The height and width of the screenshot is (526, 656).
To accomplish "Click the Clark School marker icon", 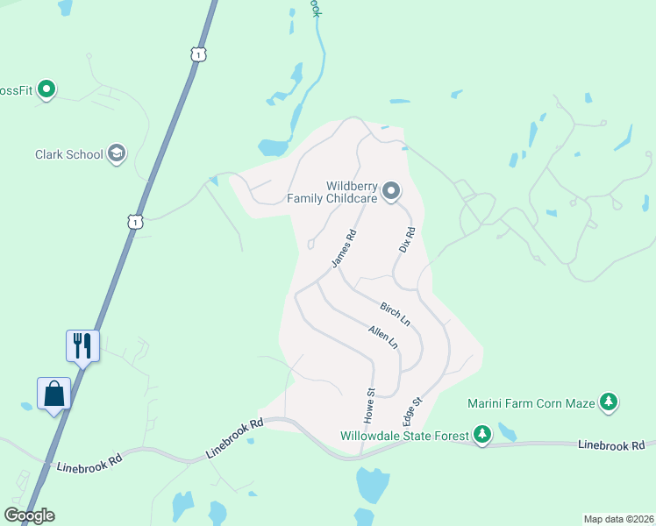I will coord(116,154).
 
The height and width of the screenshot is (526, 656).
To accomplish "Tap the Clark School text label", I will coord(69,154).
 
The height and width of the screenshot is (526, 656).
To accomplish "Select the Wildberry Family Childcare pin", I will coord(391,190).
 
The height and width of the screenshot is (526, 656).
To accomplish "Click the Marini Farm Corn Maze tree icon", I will coord(608,402).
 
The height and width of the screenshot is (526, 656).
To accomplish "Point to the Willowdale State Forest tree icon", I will coord(481,434).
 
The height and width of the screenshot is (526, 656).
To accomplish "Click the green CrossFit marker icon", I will coord(47,89).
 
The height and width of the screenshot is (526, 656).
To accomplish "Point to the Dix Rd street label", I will coord(407,237).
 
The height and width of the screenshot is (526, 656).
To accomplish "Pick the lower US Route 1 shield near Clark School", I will coord(134,223).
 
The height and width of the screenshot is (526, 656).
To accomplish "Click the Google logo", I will coord(29,515).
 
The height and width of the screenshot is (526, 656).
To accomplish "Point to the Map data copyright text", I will coord(618,518).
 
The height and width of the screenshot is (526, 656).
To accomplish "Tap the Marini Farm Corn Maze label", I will coord(531,402).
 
